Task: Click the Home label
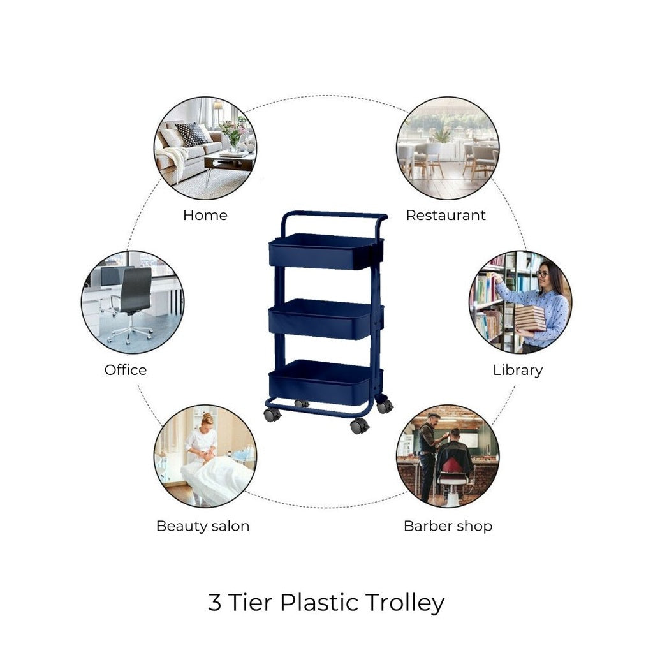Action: click(205, 216)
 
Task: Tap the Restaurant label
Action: click(446, 216)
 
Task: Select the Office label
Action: click(126, 370)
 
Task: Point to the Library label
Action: click(518, 371)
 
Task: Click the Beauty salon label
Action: click(203, 526)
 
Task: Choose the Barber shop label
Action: click(448, 526)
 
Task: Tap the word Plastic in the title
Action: click(319, 602)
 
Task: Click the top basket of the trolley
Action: click(326, 251)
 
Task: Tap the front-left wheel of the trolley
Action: click(272, 415)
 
